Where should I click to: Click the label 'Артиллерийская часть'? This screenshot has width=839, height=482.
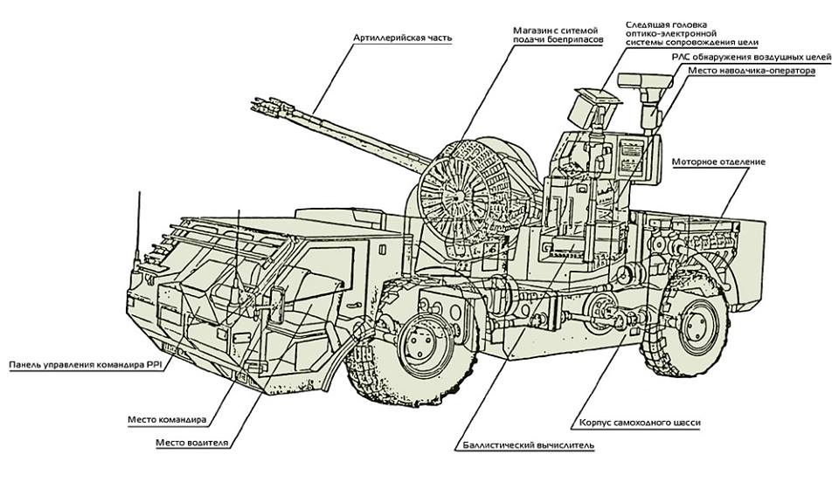(402, 38)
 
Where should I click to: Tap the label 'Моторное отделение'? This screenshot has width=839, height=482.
(718, 162)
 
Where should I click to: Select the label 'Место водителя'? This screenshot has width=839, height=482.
(191, 443)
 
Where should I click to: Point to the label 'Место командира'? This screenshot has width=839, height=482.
(167, 419)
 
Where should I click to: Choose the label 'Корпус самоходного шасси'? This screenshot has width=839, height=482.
(640, 423)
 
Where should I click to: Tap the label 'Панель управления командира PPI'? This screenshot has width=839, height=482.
(85, 366)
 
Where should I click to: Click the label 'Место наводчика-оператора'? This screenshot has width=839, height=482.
(752, 71)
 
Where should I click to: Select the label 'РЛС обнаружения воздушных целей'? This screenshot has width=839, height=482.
(752, 57)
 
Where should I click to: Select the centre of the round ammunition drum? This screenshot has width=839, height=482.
(456, 196)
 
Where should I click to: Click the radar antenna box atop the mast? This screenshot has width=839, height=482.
(644, 80)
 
